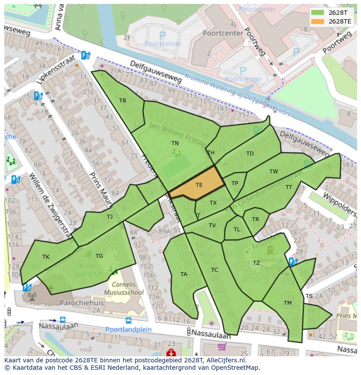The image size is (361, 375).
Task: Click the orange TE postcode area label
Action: coord(199,185)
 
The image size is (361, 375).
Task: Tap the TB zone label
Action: coord(123,101)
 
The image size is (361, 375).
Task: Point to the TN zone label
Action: coord(175,143)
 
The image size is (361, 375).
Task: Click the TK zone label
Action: coord(46,257)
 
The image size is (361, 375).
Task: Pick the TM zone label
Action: coord(288,303)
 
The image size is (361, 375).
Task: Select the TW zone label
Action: coord(273,172)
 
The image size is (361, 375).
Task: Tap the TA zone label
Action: coord(184,274)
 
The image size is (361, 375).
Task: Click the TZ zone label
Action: coord(256,263)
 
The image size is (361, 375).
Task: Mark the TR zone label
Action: coord(255,220)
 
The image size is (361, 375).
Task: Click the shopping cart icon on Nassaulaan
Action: coord(221,347)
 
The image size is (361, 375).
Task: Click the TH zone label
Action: coord(211,153)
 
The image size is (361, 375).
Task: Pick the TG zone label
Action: coord(99,256)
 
